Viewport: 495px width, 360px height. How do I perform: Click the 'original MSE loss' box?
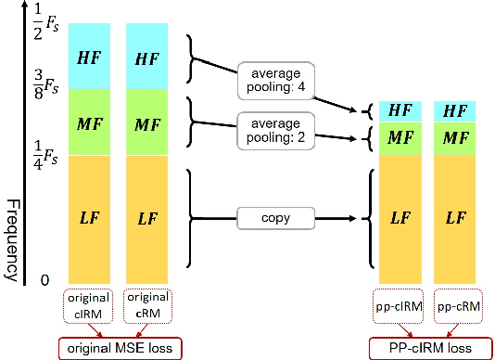[120, 348]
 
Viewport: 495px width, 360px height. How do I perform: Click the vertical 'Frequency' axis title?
[13, 239]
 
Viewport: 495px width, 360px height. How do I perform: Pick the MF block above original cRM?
[146, 122]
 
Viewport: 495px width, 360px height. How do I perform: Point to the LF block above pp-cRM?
[455, 218]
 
